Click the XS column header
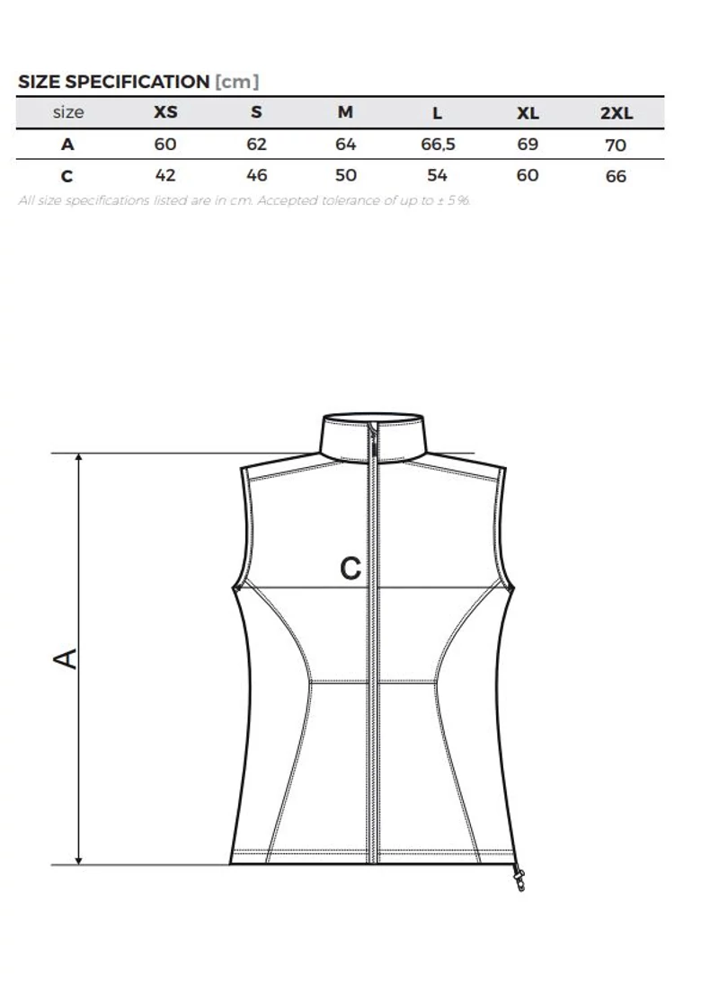tap(166, 112)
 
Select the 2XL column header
tap(617, 113)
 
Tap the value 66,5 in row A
tap(438, 145)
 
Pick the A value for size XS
tap(165, 145)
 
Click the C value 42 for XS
tap(165, 175)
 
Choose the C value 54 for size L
tap(437, 175)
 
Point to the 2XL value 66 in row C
tap(616, 176)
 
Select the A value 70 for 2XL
tap(616, 146)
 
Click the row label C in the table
tap(67, 176)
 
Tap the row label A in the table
tap(67, 145)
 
